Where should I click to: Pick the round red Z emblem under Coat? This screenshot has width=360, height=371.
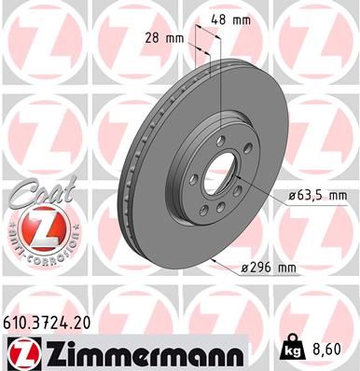point(35,230)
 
